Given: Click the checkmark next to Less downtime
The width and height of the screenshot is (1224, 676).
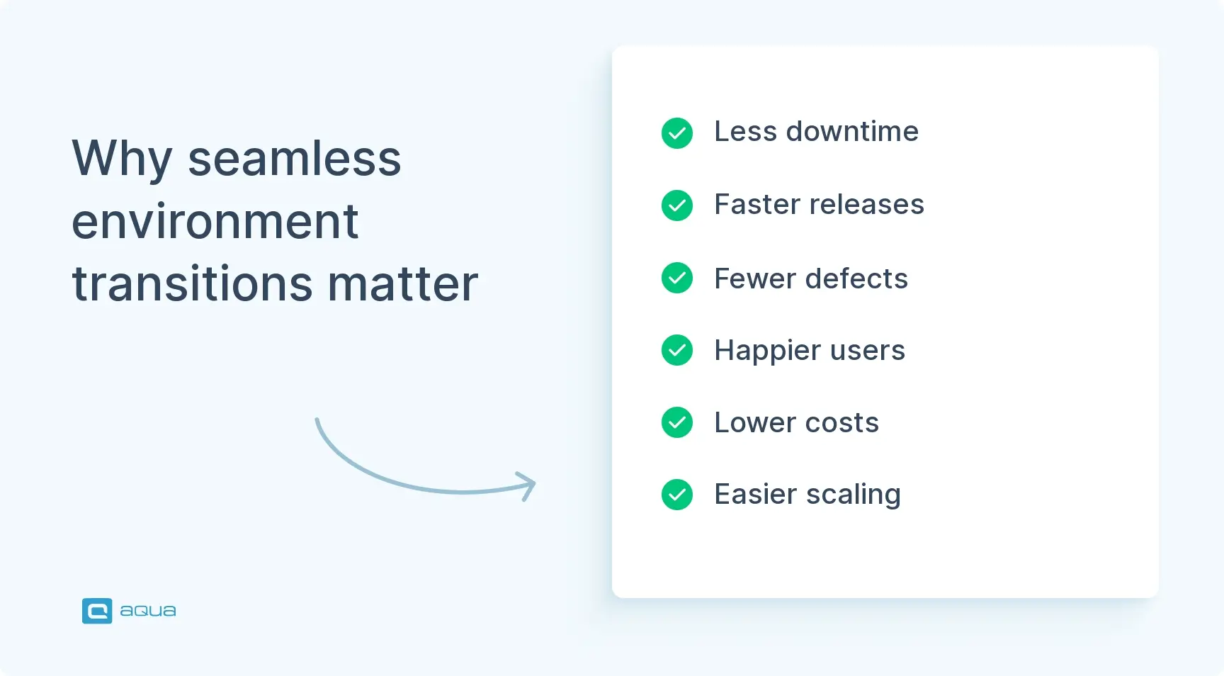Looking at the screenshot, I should (677, 133).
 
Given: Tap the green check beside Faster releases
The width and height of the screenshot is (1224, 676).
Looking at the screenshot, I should (677, 205).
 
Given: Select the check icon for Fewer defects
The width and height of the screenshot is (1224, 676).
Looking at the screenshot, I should (677, 278).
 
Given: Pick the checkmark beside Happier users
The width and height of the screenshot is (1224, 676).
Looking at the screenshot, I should (677, 350).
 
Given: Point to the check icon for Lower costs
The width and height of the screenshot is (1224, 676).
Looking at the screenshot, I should (677, 422).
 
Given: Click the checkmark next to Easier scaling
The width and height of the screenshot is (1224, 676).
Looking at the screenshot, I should (677, 495).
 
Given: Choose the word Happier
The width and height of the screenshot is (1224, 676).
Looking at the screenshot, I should (767, 351).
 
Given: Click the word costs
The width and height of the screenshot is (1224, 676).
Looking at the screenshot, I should (841, 423).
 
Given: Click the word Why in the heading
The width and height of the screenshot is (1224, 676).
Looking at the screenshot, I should (122, 159).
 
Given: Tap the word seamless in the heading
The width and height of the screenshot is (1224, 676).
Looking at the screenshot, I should (295, 159).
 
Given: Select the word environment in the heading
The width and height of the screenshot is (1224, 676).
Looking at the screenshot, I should (215, 221).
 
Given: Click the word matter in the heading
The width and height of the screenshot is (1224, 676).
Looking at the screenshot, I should (402, 283).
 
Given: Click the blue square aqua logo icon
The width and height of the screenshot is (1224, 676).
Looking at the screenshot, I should (97, 611).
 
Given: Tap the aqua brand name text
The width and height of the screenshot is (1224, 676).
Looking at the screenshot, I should (148, 611).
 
